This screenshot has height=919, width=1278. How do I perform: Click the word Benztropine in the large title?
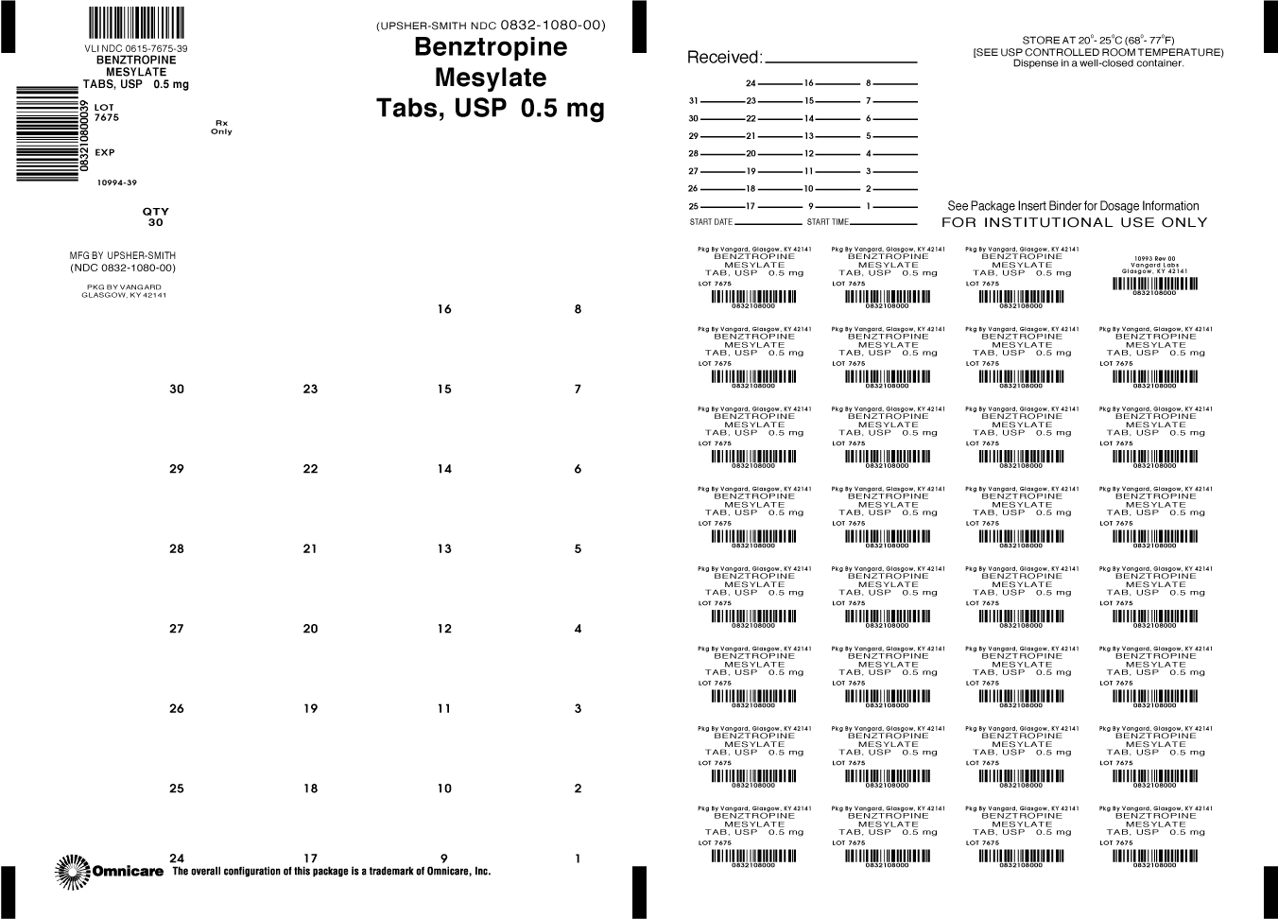pos(491,47)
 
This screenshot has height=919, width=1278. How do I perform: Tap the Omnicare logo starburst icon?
pos(72,871)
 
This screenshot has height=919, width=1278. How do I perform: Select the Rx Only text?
pos(221,127)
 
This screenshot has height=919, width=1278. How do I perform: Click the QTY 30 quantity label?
pos(155,217)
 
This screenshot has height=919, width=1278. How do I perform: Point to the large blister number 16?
pos(444,309)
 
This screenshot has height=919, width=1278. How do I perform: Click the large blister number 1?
pos(578,858)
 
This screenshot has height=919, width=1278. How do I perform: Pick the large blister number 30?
pos(177,389)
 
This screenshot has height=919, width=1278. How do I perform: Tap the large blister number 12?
pos(444,629)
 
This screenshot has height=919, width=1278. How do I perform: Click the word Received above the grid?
pos(723,58)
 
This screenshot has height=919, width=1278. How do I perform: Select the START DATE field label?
pos(711,222)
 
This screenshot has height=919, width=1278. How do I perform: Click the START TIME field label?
pos(827,222)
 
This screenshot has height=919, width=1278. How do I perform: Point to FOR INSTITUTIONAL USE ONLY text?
pos(1074,223)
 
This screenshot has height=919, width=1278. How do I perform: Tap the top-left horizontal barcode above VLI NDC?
pos(136,22)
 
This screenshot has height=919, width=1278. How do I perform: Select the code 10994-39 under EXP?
pos(116,182)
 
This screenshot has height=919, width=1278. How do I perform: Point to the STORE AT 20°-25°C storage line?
pos(1098,41)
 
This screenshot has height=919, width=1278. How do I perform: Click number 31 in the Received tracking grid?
pos(693,101)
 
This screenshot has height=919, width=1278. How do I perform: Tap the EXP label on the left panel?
pos(105,152)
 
